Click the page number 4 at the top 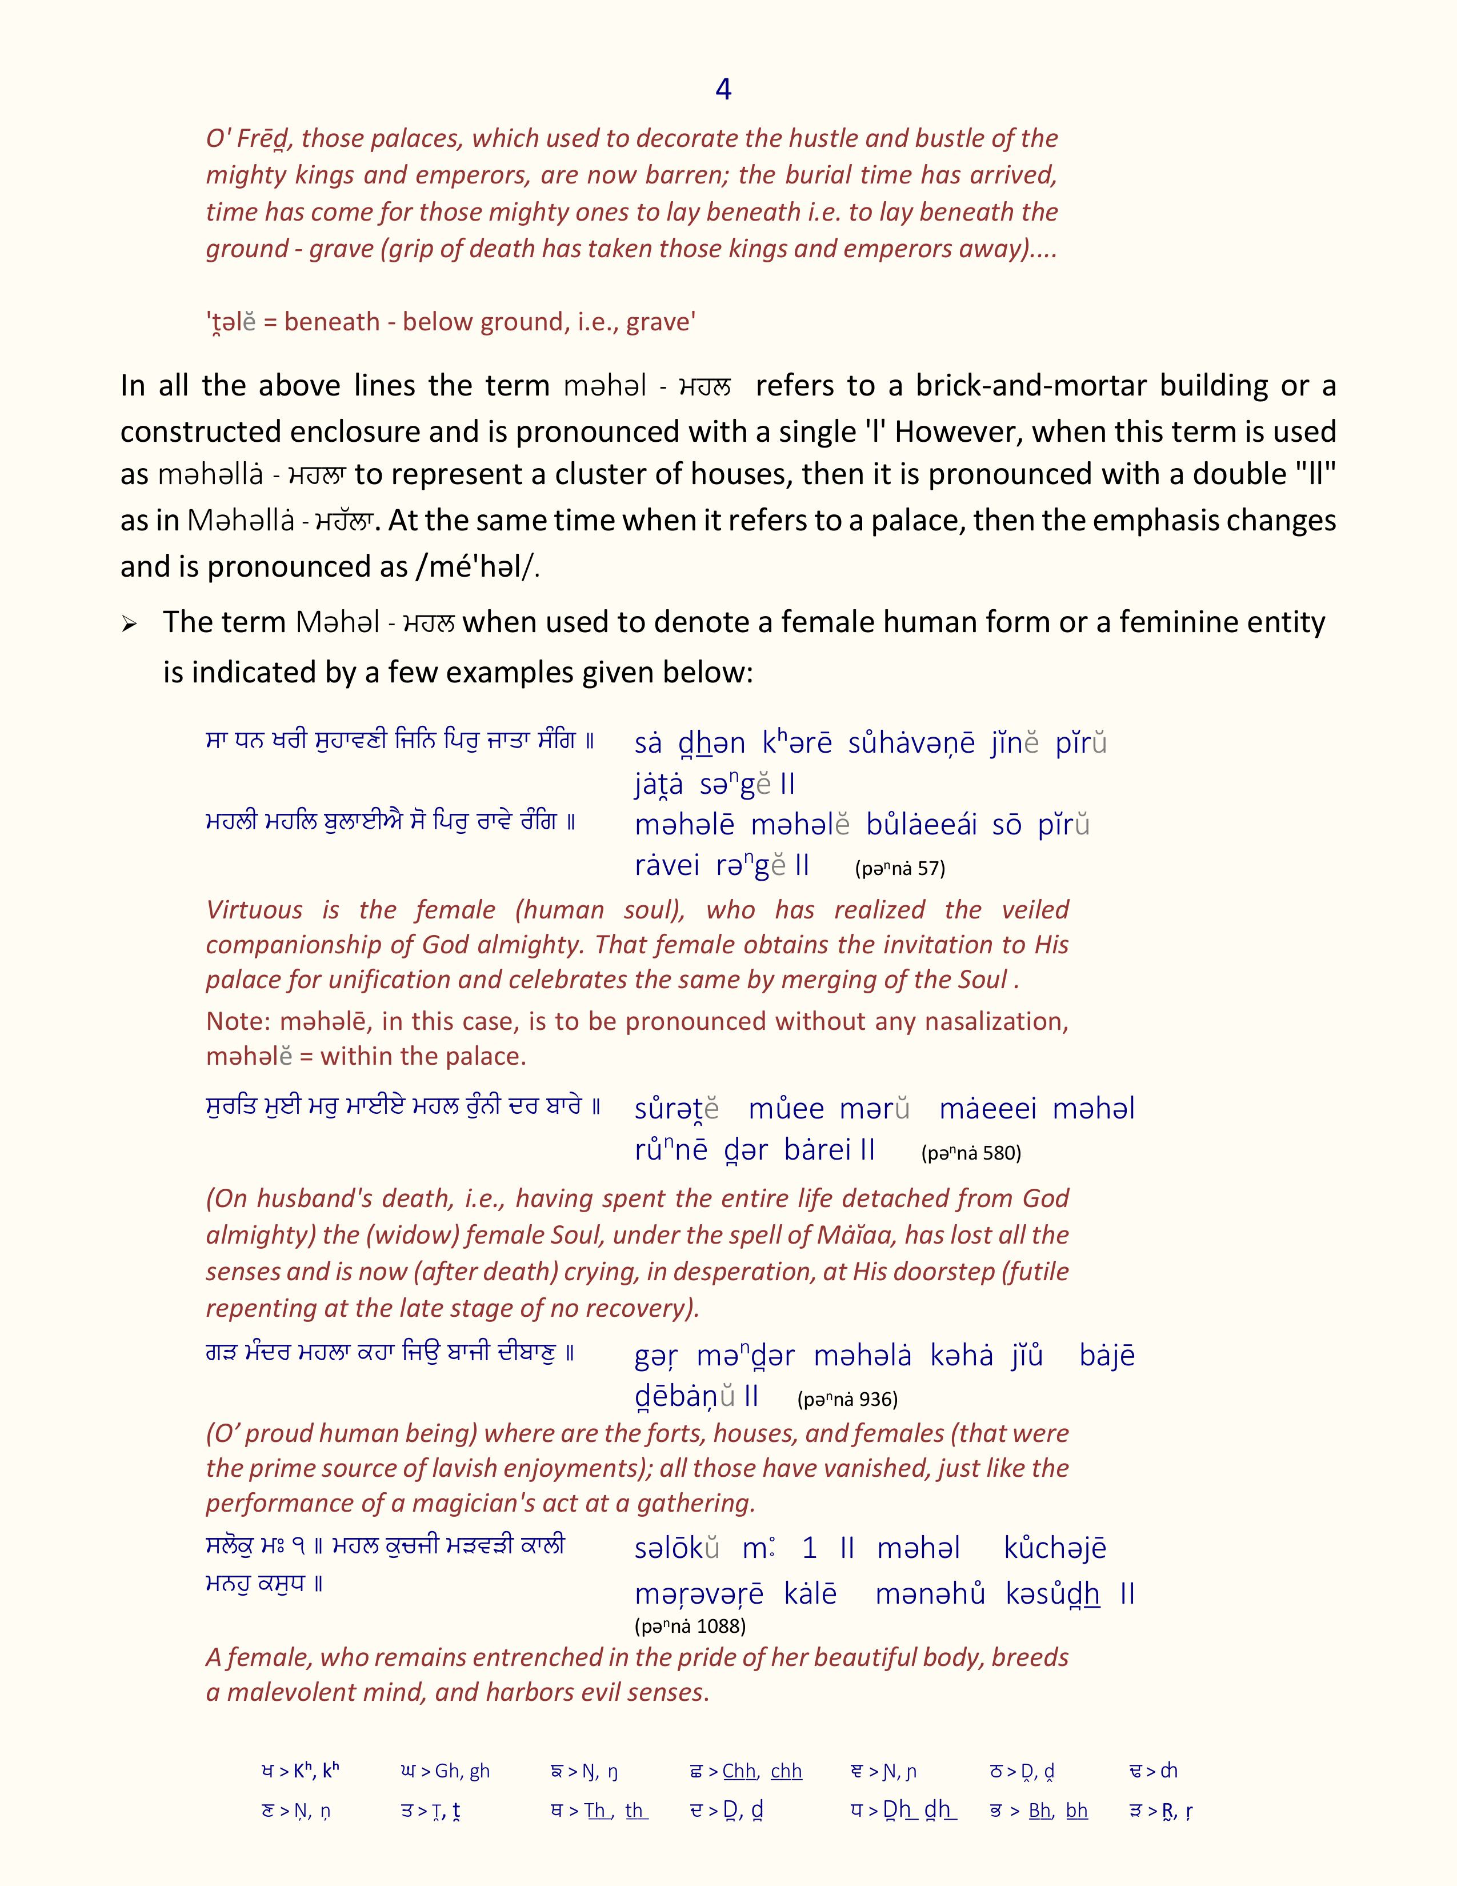tap(723, 89)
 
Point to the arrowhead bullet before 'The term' tap(130, 624)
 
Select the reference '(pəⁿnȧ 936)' tap(847, 1399)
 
